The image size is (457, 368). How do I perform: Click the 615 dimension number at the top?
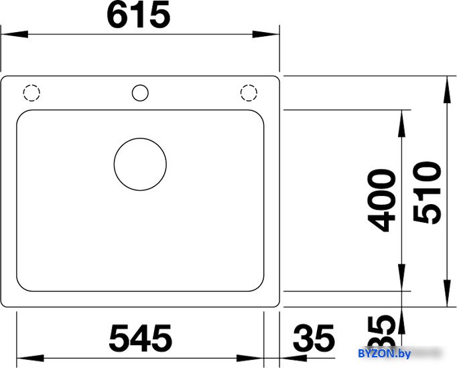pos(139,15)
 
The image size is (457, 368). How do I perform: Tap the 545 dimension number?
pos(141,338)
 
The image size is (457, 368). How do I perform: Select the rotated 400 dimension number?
pos(381,201)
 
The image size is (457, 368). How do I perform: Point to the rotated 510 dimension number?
pos(427,192)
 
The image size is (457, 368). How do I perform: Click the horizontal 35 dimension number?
pos(314,338)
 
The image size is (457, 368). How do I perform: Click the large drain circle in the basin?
pos(140,139)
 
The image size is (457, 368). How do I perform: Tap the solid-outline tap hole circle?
pos(140,85)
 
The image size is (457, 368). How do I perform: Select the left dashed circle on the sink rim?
pos(31,85)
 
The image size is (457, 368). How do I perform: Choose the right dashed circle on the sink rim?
pos(249,85)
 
